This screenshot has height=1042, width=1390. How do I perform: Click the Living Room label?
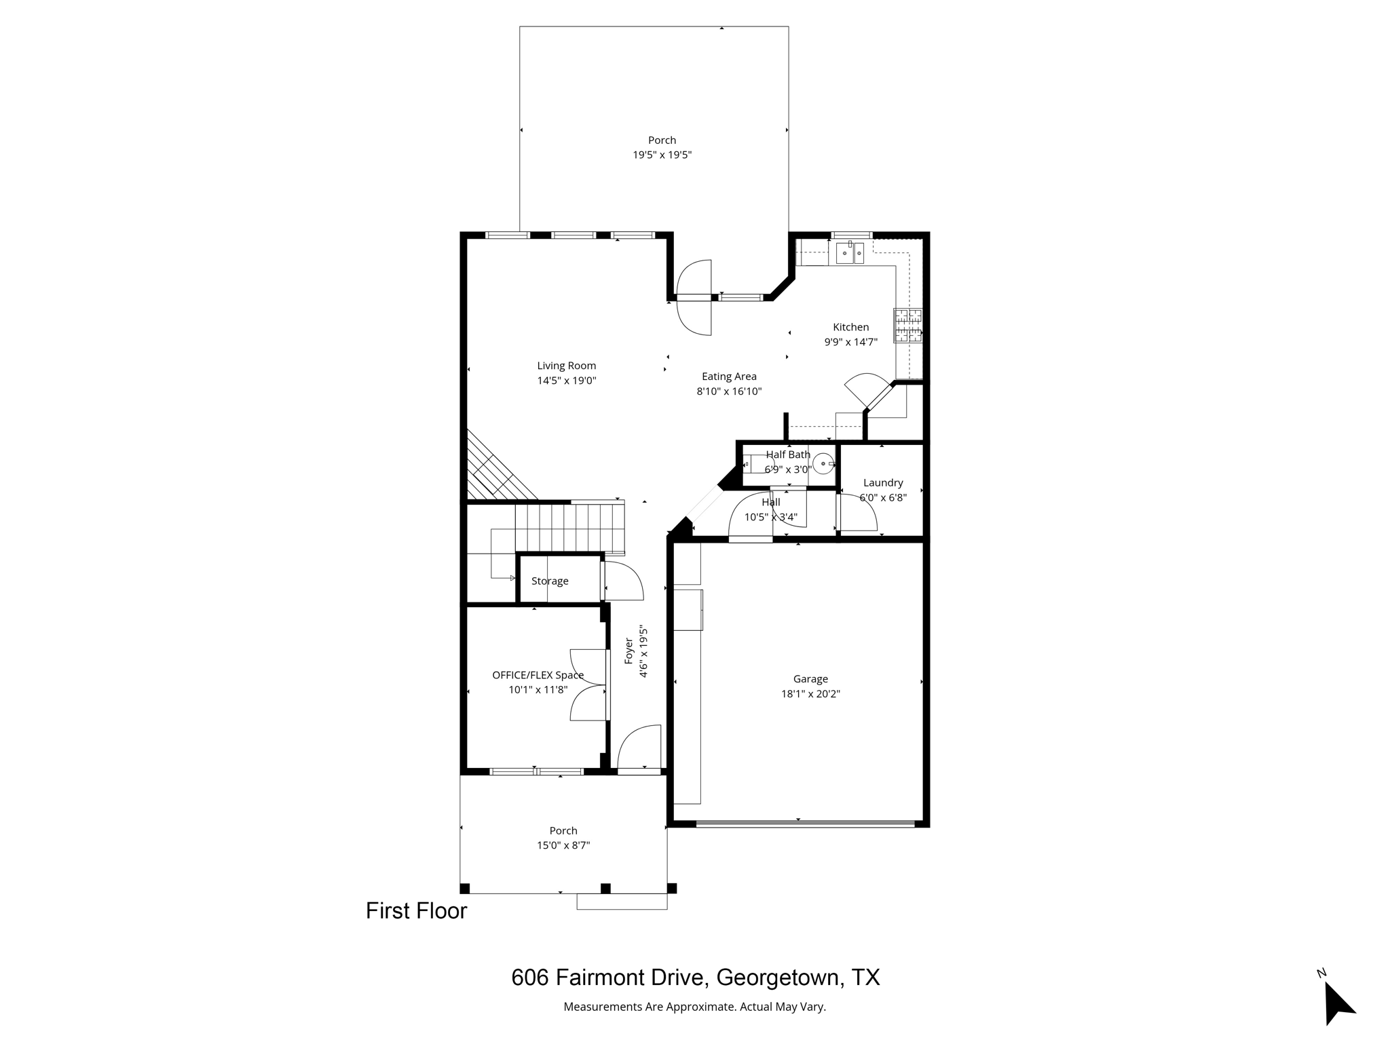[x=566, y=366]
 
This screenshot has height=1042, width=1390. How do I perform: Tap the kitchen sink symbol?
[x=849, y=253]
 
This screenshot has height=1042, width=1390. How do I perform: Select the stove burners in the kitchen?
[x=907, y=326]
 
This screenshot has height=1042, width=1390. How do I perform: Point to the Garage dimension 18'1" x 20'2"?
[x=810, y=694]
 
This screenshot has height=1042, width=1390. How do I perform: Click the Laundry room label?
[x=882, y=482]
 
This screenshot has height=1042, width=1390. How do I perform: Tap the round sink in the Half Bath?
[x=823, y=464]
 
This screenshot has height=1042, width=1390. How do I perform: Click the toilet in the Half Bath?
[x=757, y=464]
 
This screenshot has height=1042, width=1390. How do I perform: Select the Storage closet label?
[x=550, y=581]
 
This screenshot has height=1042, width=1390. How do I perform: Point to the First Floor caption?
[x=416, y=910]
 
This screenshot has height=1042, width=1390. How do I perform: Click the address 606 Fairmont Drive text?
[x=695, y=977]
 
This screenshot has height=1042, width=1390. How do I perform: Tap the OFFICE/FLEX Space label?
[x=538, y=675]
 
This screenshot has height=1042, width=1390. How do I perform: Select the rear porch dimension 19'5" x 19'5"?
[x=662, y=155]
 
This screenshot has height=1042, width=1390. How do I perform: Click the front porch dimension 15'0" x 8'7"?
[x=563, y=845]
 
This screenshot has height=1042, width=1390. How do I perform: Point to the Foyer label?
[x=628, y=651]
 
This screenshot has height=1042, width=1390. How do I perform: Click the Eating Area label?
[x=729, y=377]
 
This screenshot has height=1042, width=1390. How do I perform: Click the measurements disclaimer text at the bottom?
[x=694, y=1007]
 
